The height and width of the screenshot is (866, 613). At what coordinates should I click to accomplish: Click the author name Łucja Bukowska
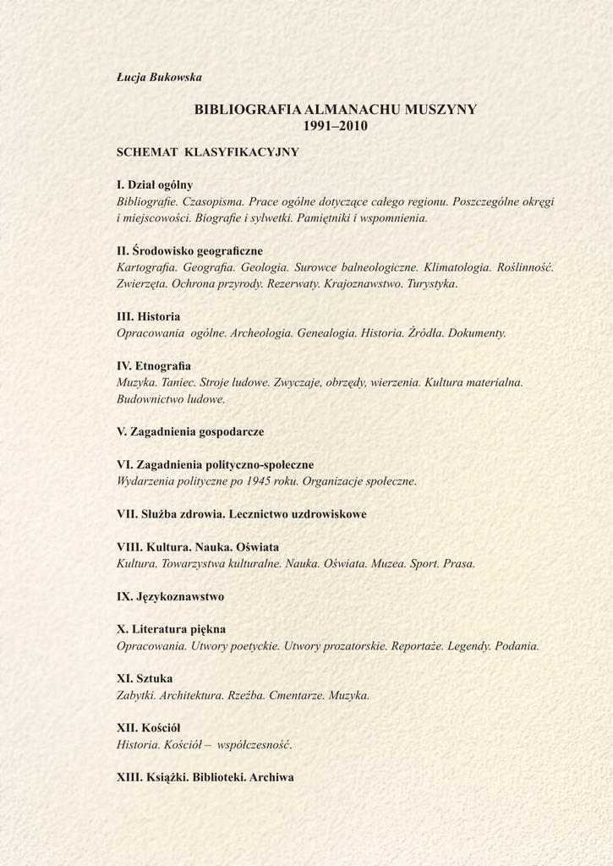[159, 78]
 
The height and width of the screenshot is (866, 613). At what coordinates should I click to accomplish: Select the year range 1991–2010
[336, 127]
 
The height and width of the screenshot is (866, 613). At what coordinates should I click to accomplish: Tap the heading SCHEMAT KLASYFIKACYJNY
[208, 152]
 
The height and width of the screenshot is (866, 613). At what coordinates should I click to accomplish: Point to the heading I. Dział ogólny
[155, 184]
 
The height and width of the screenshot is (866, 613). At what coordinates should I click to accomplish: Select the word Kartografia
[145, 267]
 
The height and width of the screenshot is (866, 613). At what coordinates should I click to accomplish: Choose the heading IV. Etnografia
[154, 366]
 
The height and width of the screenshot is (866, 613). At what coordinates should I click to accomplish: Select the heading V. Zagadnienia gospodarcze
[190, 431]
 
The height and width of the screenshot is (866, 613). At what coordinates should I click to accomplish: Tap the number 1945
[258, 481]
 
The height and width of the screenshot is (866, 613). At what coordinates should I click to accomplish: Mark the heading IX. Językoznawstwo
[170, 596]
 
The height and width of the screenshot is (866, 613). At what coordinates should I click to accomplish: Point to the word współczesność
[254, 745]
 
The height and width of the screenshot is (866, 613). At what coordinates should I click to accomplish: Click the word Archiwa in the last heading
[271, 777]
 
